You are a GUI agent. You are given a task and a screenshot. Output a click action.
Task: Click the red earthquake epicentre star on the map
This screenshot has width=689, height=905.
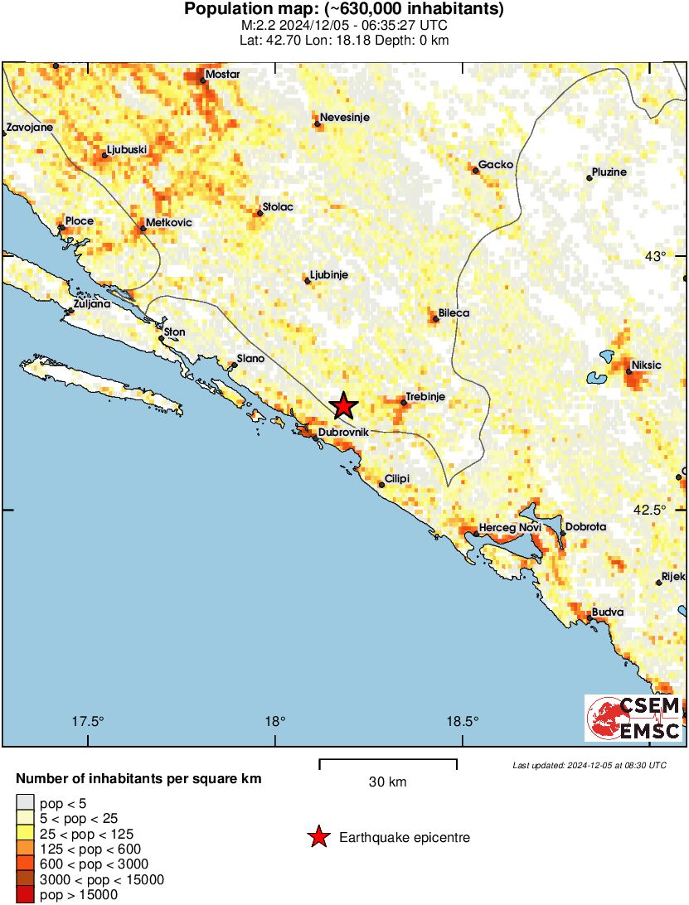343,406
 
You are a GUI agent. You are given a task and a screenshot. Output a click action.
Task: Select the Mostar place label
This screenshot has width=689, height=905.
222,75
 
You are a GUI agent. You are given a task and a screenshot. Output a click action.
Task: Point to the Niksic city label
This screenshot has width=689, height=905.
647,365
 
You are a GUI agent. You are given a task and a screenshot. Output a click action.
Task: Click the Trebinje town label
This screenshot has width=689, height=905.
425,397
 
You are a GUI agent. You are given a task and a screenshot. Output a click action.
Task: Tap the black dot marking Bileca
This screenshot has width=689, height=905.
435,319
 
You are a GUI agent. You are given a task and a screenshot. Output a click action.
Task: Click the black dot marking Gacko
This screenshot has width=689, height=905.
476,171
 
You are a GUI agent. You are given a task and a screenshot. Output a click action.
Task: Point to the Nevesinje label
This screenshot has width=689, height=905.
345,118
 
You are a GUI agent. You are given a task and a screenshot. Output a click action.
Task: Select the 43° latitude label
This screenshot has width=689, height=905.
656,256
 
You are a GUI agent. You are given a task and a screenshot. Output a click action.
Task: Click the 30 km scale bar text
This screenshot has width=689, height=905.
387,782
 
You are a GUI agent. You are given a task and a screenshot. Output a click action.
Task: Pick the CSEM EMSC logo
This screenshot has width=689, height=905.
634,718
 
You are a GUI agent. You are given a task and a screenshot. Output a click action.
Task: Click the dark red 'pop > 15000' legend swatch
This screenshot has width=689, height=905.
26,894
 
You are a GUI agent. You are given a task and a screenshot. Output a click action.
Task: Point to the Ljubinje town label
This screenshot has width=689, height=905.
328,274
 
